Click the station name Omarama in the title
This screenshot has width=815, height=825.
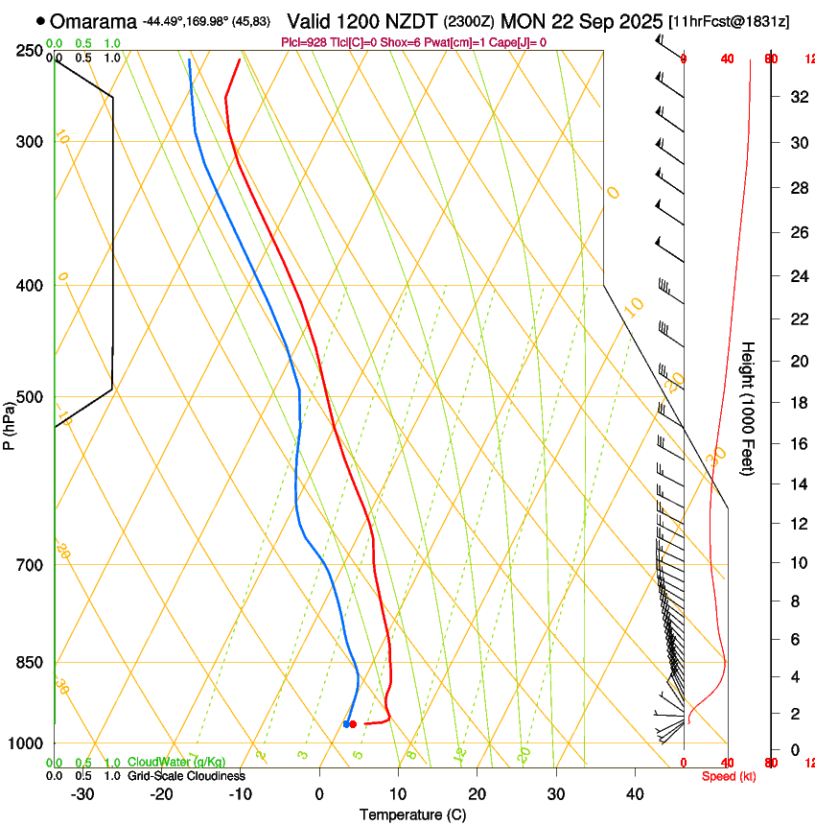94,21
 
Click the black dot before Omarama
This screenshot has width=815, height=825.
40,20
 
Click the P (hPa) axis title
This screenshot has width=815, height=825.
10,423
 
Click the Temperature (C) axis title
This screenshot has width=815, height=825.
412,814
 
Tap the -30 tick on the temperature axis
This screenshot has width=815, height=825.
82,794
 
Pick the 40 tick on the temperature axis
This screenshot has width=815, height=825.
634,794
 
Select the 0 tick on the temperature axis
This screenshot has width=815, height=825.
319,794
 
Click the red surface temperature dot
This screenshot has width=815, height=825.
354,724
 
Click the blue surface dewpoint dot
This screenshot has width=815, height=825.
346,724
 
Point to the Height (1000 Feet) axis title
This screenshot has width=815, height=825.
748,408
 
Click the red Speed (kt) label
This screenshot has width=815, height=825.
728,776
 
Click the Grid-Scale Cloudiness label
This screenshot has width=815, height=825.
186,776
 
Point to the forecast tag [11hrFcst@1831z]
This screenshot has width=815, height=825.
730,21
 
